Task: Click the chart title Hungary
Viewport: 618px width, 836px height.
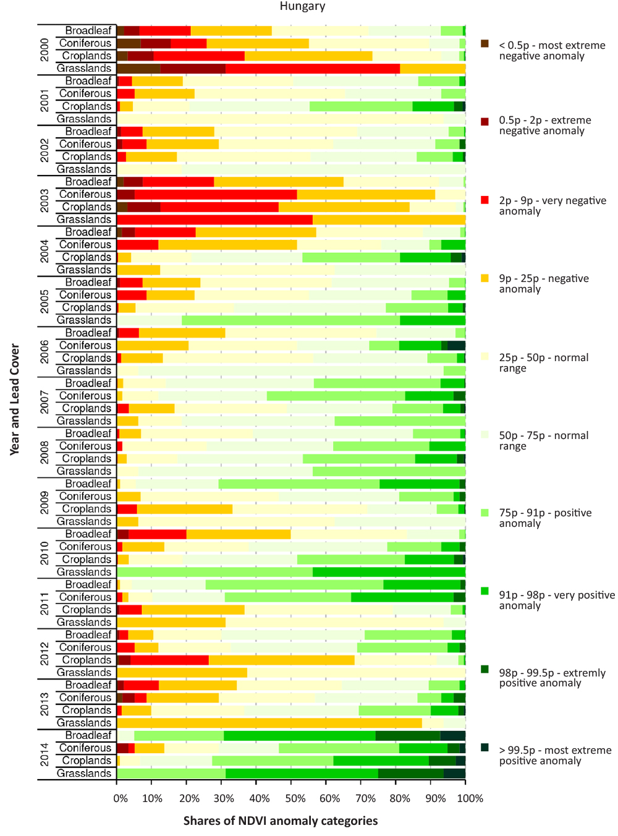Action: [x=302, y=6]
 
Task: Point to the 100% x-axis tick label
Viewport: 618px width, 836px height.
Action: [x=470, y=798]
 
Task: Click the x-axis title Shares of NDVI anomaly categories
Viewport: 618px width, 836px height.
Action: [x=281, y=821]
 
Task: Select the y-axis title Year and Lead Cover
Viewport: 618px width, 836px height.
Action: [x=14, y=399]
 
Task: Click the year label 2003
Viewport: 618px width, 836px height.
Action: [x=44, y=201]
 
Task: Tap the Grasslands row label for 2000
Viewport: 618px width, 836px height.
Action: [x=84, y=69]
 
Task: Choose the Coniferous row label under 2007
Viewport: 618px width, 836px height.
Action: [x=85, y=396]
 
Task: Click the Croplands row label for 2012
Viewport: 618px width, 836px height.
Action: [x=87, y=660]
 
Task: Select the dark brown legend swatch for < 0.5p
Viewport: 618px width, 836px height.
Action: [x=485, y=44]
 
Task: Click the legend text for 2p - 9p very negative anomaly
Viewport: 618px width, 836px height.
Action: [x=552, y=206]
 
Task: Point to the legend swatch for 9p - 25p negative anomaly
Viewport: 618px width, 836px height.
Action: [x=485, y=278]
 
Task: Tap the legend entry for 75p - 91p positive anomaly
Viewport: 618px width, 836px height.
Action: [x=545, y=518]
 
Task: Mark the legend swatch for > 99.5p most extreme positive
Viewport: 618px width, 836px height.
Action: [x=485, y=748]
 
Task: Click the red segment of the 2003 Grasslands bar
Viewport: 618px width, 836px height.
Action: [x=214, y=220]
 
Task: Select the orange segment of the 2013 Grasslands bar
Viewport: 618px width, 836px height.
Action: [x=269, y=723]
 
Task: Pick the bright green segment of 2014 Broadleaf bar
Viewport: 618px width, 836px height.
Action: [x=299, y=735]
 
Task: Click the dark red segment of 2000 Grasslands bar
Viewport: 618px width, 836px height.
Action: [x=193, y=69]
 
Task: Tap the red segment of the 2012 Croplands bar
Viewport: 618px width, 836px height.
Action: [x=169, y=660]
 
